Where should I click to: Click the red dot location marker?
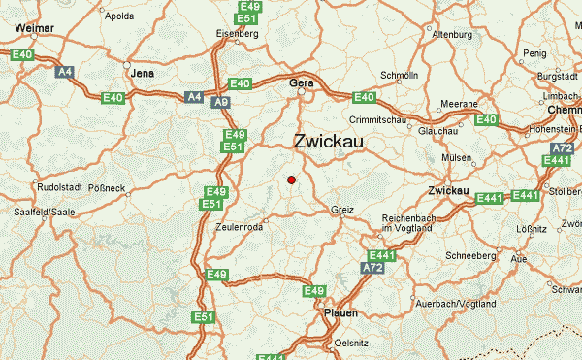(x=291, y=180)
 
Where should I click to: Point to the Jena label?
(x=143, y=73)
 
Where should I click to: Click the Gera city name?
(x=302, y=84)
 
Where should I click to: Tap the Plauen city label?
(x=340, y=313)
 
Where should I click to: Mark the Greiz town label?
(x=342, y=209)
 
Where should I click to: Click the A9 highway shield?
(x=221, y=100)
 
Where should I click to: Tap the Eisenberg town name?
(x=238, y=34)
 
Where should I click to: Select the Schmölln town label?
(x=399, y=75)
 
